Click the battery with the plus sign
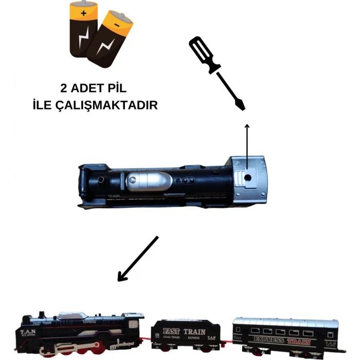click(x=83, y=31)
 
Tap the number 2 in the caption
click(x=63, y=87)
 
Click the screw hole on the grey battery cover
click(x=247, y=176)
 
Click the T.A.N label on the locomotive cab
click(x=27, y=332)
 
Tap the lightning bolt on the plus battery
click(x=82, y=39)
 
